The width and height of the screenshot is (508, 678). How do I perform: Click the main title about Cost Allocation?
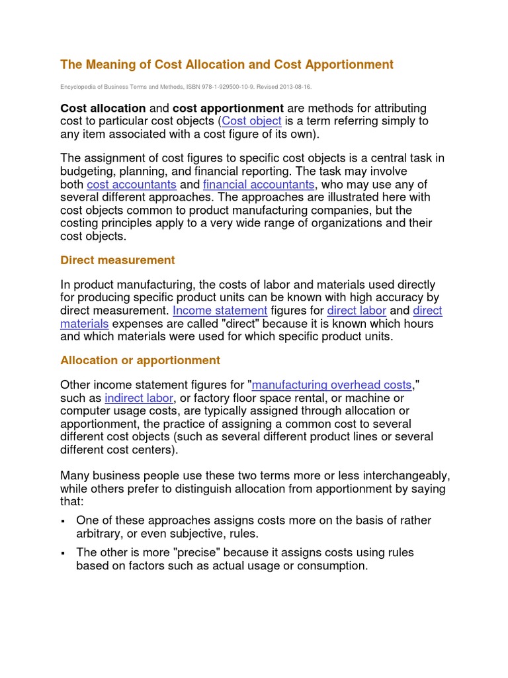click(226, 64)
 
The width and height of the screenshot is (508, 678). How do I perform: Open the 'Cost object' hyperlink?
click(252, 121)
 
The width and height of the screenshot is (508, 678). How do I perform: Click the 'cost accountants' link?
click(132, 184)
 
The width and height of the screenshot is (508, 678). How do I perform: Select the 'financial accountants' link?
click(259, 184)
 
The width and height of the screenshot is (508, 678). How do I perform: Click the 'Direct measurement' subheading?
click(117, 260)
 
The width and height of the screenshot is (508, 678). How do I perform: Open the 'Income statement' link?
click(220, 311)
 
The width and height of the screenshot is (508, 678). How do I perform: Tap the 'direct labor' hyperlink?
click(356, 311)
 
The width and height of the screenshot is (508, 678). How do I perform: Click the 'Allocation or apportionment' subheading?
click(140, 360)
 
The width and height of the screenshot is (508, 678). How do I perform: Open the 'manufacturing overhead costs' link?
click(332, 385)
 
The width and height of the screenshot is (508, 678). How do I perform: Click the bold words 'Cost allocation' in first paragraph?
click(103, 108)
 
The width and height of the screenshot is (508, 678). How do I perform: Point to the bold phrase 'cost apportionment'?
click(228, 108)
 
